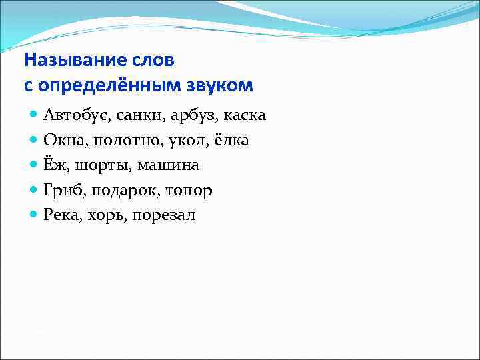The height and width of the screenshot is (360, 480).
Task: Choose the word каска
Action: click(245, 116)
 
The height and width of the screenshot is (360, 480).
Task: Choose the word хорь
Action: click(108, 216)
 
